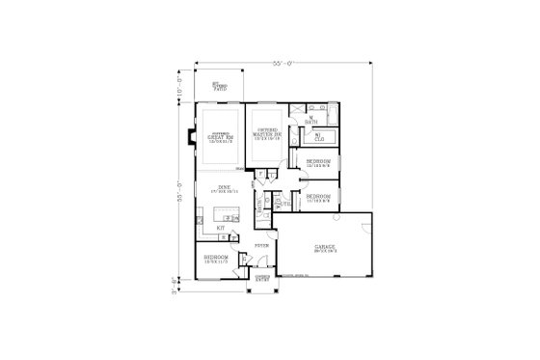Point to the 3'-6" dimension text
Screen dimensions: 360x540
pyautogui.click(x=181, y=284)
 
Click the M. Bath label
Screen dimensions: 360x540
pyautogui.click(x=310, y=122)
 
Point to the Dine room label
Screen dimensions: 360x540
pyautogui.click(x=224, y=188)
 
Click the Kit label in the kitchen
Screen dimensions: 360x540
pyautogui.click(x=221, y=228)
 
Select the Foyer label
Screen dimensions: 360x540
pyautogui.click(x=260, y=246)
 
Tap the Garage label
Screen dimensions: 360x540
pyautogui.click(x=324, y=247)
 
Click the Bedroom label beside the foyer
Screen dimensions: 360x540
pyautogui.click(x=217, y=259)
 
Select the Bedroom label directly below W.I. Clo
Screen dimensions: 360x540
pyautogui.click(x=318, y=162)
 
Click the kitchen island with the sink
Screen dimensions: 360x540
pyautogui.click(x=232, y=218)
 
